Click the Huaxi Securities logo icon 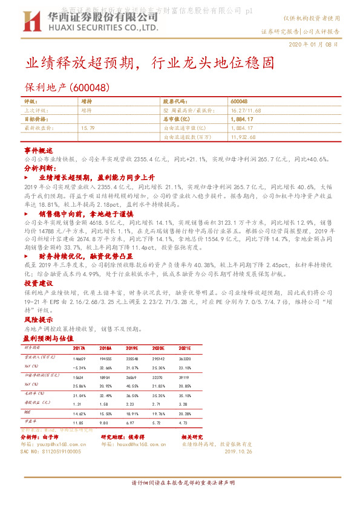pos(30,22)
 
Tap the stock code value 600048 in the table pos(239,102)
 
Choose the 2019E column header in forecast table pos(132,349)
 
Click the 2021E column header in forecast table pos(184,349)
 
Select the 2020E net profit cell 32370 pos(158,377)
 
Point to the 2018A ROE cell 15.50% pos(106,413)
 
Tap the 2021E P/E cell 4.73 pos(184,423)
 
